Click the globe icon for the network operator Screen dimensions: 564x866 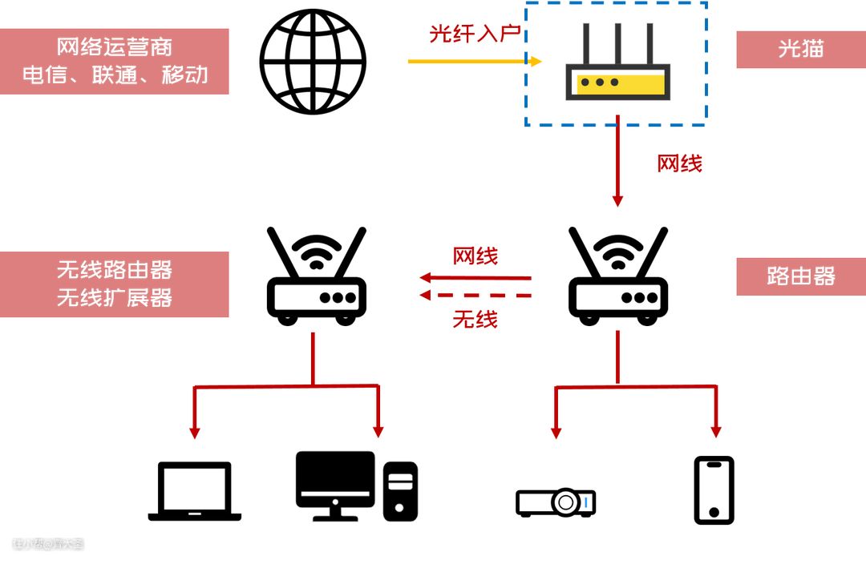pos(313,61)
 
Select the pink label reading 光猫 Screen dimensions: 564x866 pos(800,49)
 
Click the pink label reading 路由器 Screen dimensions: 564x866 pos(800,276)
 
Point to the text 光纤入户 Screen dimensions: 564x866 pos(475,34)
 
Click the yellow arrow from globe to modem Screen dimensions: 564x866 pos(474,61)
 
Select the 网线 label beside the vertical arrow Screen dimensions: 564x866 pos(679,163)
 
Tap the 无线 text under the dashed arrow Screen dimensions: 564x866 pos(475,319)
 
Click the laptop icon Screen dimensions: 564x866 pos(195,491)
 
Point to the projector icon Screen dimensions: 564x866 pos(556,502)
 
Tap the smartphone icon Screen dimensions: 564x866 pos(714,490)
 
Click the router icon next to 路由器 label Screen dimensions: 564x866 pos(617,276)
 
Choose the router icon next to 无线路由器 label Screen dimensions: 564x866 pos(316,276)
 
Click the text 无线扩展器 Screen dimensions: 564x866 pos(115,298)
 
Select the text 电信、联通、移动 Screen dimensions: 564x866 pos(115,75)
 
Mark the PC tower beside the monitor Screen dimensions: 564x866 pos(400,490)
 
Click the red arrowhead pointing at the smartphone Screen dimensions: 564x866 pos(716,431)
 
